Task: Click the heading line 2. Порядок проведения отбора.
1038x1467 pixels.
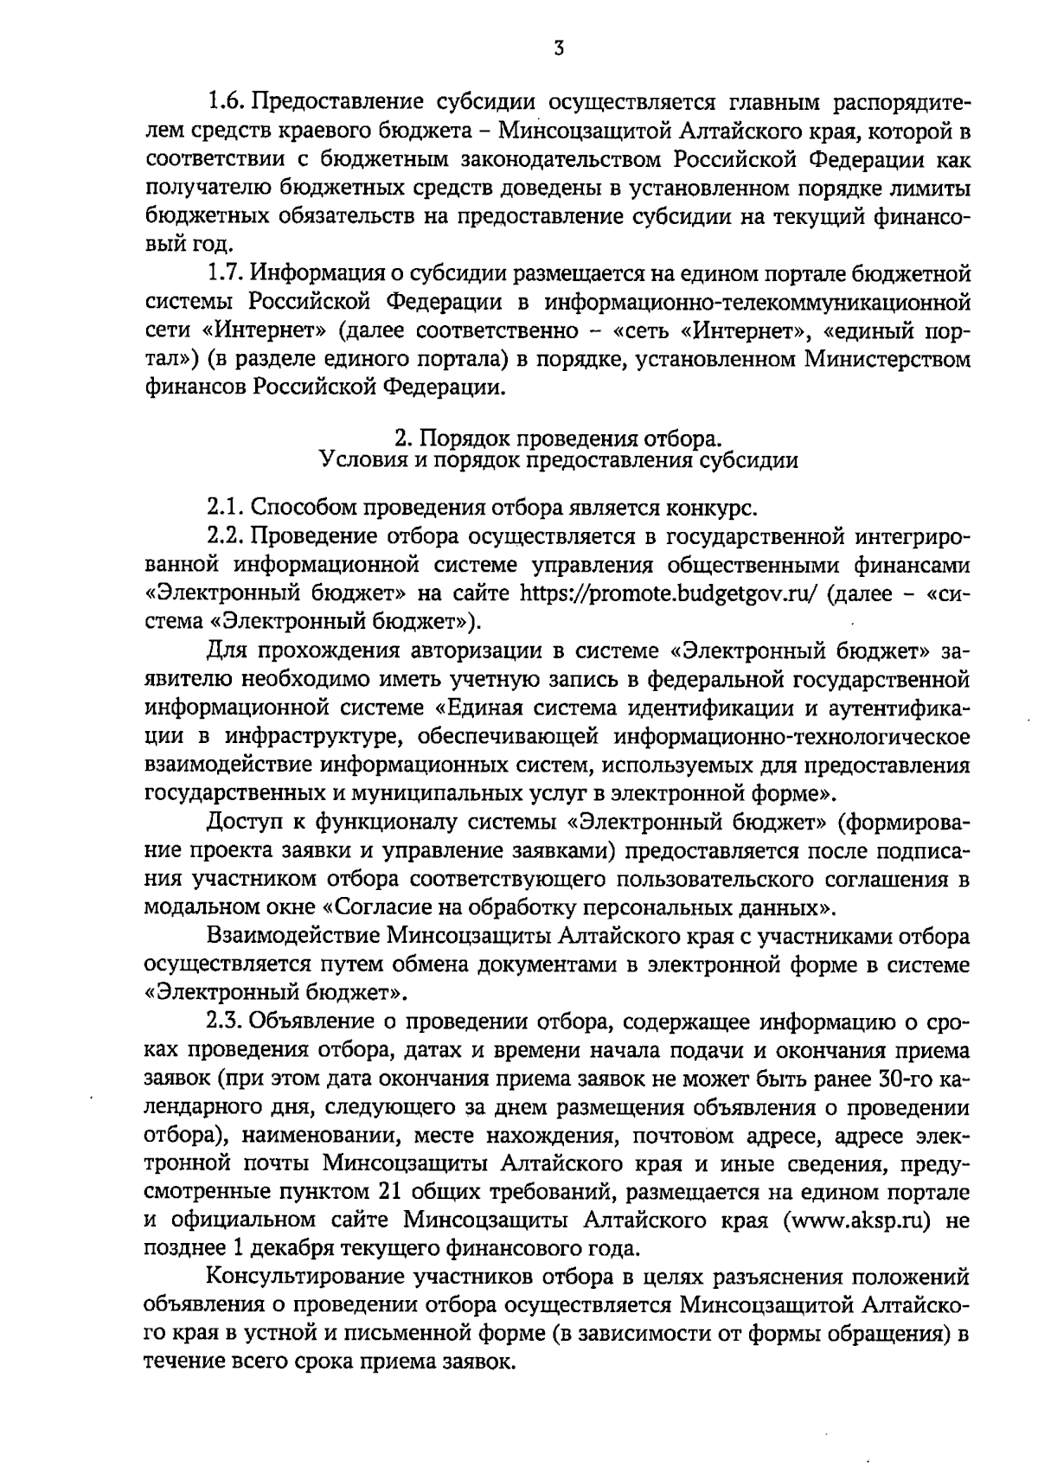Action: click(x=558, y=438)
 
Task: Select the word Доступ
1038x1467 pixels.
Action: click(x=248, y=821)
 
